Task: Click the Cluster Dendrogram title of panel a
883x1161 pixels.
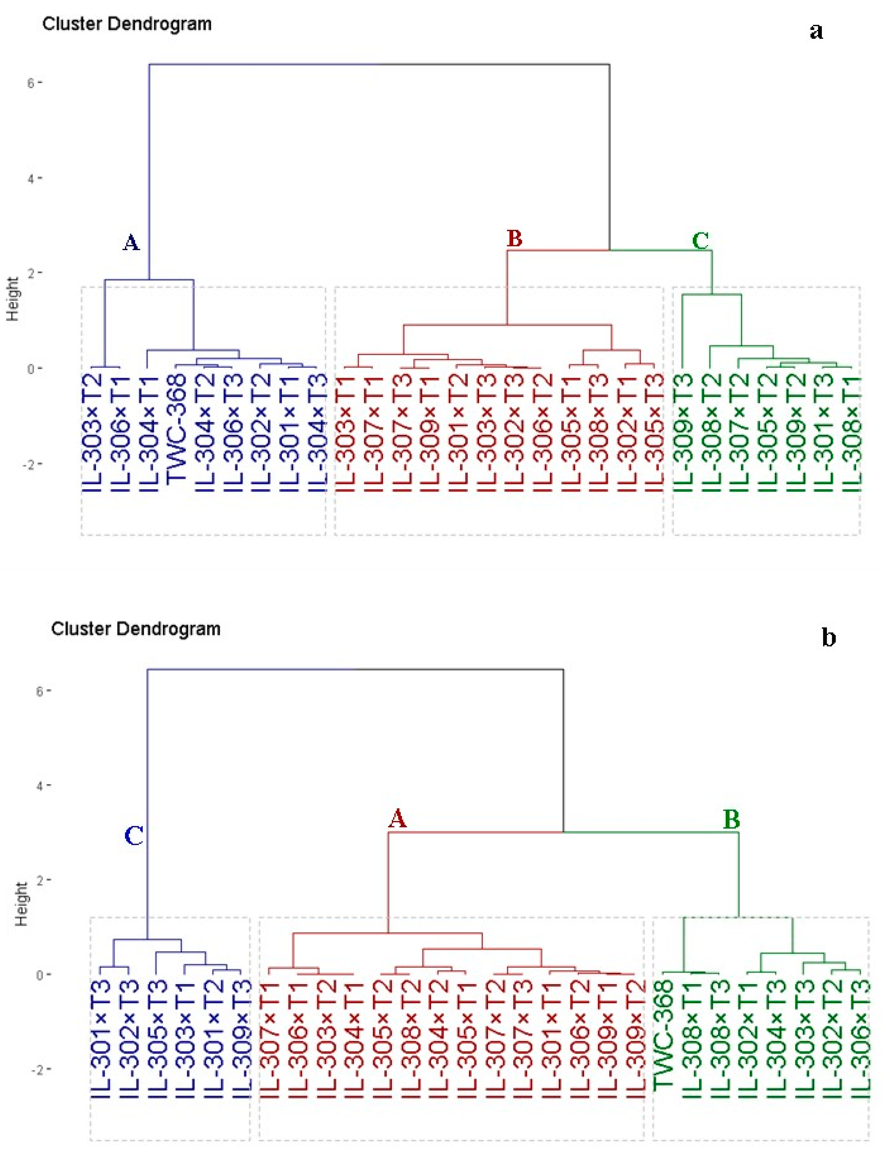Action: pos(127,24)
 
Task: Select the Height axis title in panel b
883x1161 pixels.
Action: pos(21,904)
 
